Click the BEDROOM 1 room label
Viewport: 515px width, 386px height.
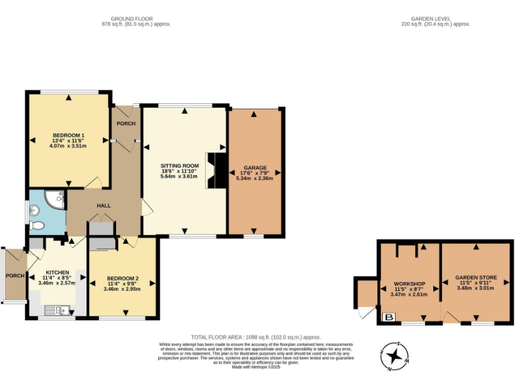tap(68, 135)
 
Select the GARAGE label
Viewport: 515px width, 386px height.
tap(255, 168)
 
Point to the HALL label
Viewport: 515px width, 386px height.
tap(103, 206)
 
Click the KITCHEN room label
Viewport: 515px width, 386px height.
tap(57, 272)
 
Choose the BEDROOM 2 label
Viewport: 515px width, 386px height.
tap(123, 277)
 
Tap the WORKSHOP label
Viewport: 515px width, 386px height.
tap(410, 283)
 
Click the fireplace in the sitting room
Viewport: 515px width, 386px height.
tap(215, 172)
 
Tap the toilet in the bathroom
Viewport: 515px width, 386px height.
tap(38, 225)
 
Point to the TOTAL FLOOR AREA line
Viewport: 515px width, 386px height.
tap(255, 337)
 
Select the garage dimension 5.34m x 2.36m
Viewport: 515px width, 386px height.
tap(255, 178)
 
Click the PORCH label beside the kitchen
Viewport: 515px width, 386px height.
tap(14, 276)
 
